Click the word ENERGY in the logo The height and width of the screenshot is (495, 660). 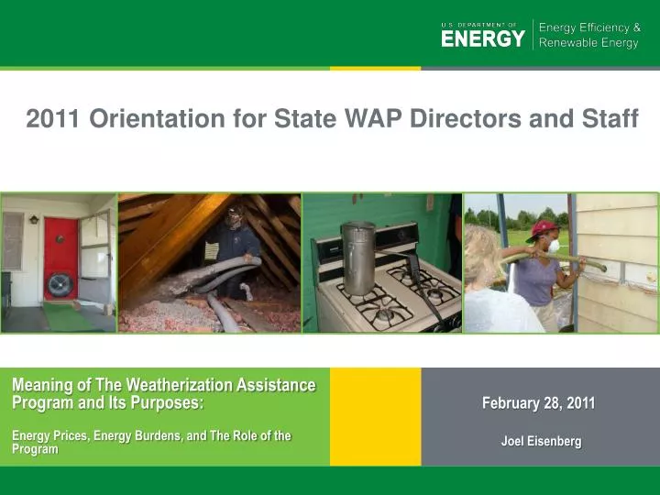click(x=483, y=38)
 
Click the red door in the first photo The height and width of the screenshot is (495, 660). click(x=60, y=252)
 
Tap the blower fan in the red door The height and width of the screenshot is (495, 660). click(x=60, y=285)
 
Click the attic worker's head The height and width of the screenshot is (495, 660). click(x=235, y=217)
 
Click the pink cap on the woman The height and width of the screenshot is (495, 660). click(x=544, y=227)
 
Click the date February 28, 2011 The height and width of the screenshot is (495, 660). click(x=539, y=403)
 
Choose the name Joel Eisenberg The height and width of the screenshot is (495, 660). click(x=541, y=441)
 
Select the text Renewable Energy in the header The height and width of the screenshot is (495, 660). click(x=588, y=43)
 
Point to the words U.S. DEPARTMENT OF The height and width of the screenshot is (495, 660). click(x=478, y=25)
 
